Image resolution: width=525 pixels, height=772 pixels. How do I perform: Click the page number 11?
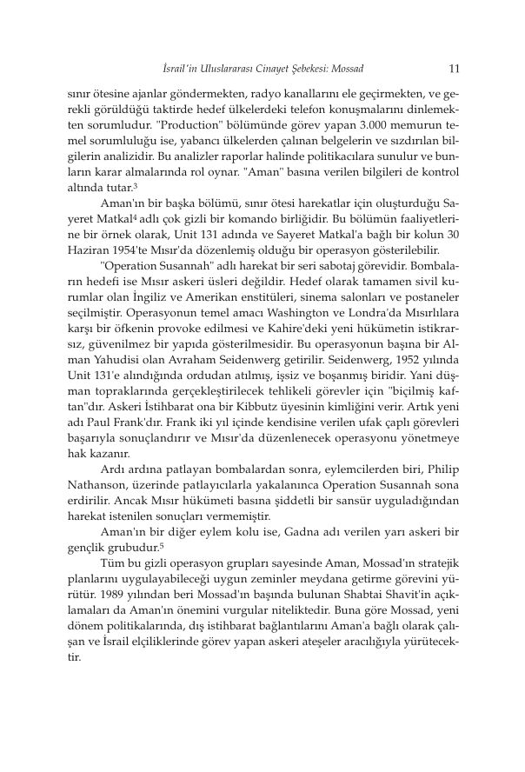click(x=453, y=68)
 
